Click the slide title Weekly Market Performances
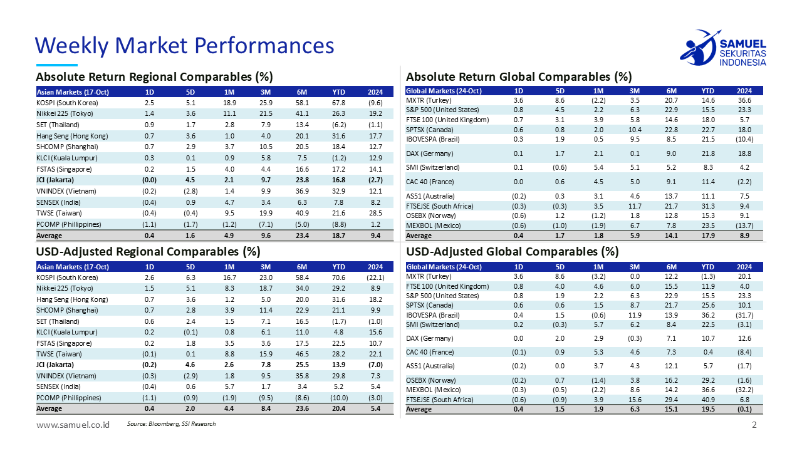[x=184, y=45]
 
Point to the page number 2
[x=754, y=425]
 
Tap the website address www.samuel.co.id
[x=73, y=425]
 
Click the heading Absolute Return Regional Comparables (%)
[x=154, y=77]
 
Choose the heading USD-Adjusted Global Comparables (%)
[x=513, y=252]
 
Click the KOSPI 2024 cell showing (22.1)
[x=375, y=277]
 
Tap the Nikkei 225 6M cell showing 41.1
[x=303, y=113]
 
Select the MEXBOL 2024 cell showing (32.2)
[x=744, y=389]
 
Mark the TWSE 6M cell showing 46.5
[x=303, y=354]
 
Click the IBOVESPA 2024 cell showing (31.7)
[x=744, y=314]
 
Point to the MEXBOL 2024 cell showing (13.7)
[x=744, y=225]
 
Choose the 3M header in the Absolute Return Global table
[x=635, y=91]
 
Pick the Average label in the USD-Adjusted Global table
[x=419, y=409]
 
